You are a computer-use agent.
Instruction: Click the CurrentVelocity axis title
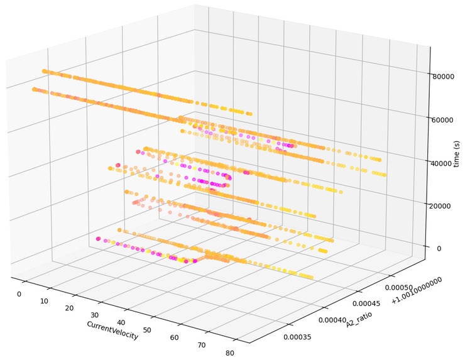pos(112,330)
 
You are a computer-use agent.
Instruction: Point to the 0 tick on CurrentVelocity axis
pos(19,295)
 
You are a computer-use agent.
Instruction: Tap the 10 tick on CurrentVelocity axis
pos(43,302)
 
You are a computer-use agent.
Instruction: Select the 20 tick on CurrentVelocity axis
pos(68,308)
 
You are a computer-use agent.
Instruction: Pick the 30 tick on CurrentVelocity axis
pos(95,315)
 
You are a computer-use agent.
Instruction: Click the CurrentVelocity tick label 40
pos(121,323)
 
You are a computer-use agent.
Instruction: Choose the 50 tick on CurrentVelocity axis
pos(147,330)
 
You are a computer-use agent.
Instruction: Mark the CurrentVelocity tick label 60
pos(175,338)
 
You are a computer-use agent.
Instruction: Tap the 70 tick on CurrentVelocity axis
pos(202,346)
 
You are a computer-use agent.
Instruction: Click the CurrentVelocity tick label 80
pos(230,353)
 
